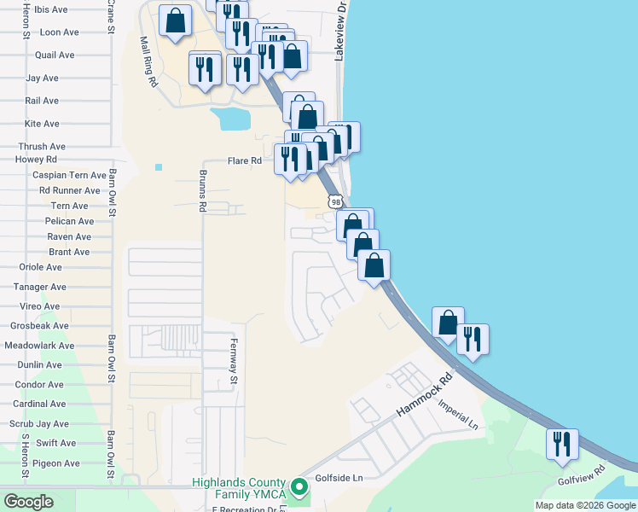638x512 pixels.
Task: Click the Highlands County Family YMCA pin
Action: (x=299, y=487)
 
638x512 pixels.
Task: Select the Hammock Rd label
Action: (x=423, y=397)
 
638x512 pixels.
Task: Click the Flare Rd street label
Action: (x=244, y=160)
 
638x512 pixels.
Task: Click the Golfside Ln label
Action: (x=339, y=478)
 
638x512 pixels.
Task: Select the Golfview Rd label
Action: (x=581, y=475)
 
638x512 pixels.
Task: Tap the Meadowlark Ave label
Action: (x=39, y=346)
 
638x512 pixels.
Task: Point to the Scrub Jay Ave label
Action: (x=38, y=423)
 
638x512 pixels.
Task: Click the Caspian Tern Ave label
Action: (x=69, y=175)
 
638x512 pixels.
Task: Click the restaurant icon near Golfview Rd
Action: (x=563, y=444)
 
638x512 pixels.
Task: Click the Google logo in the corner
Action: (x=28, y=501)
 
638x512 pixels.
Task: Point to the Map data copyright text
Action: (x=584, y=505)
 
